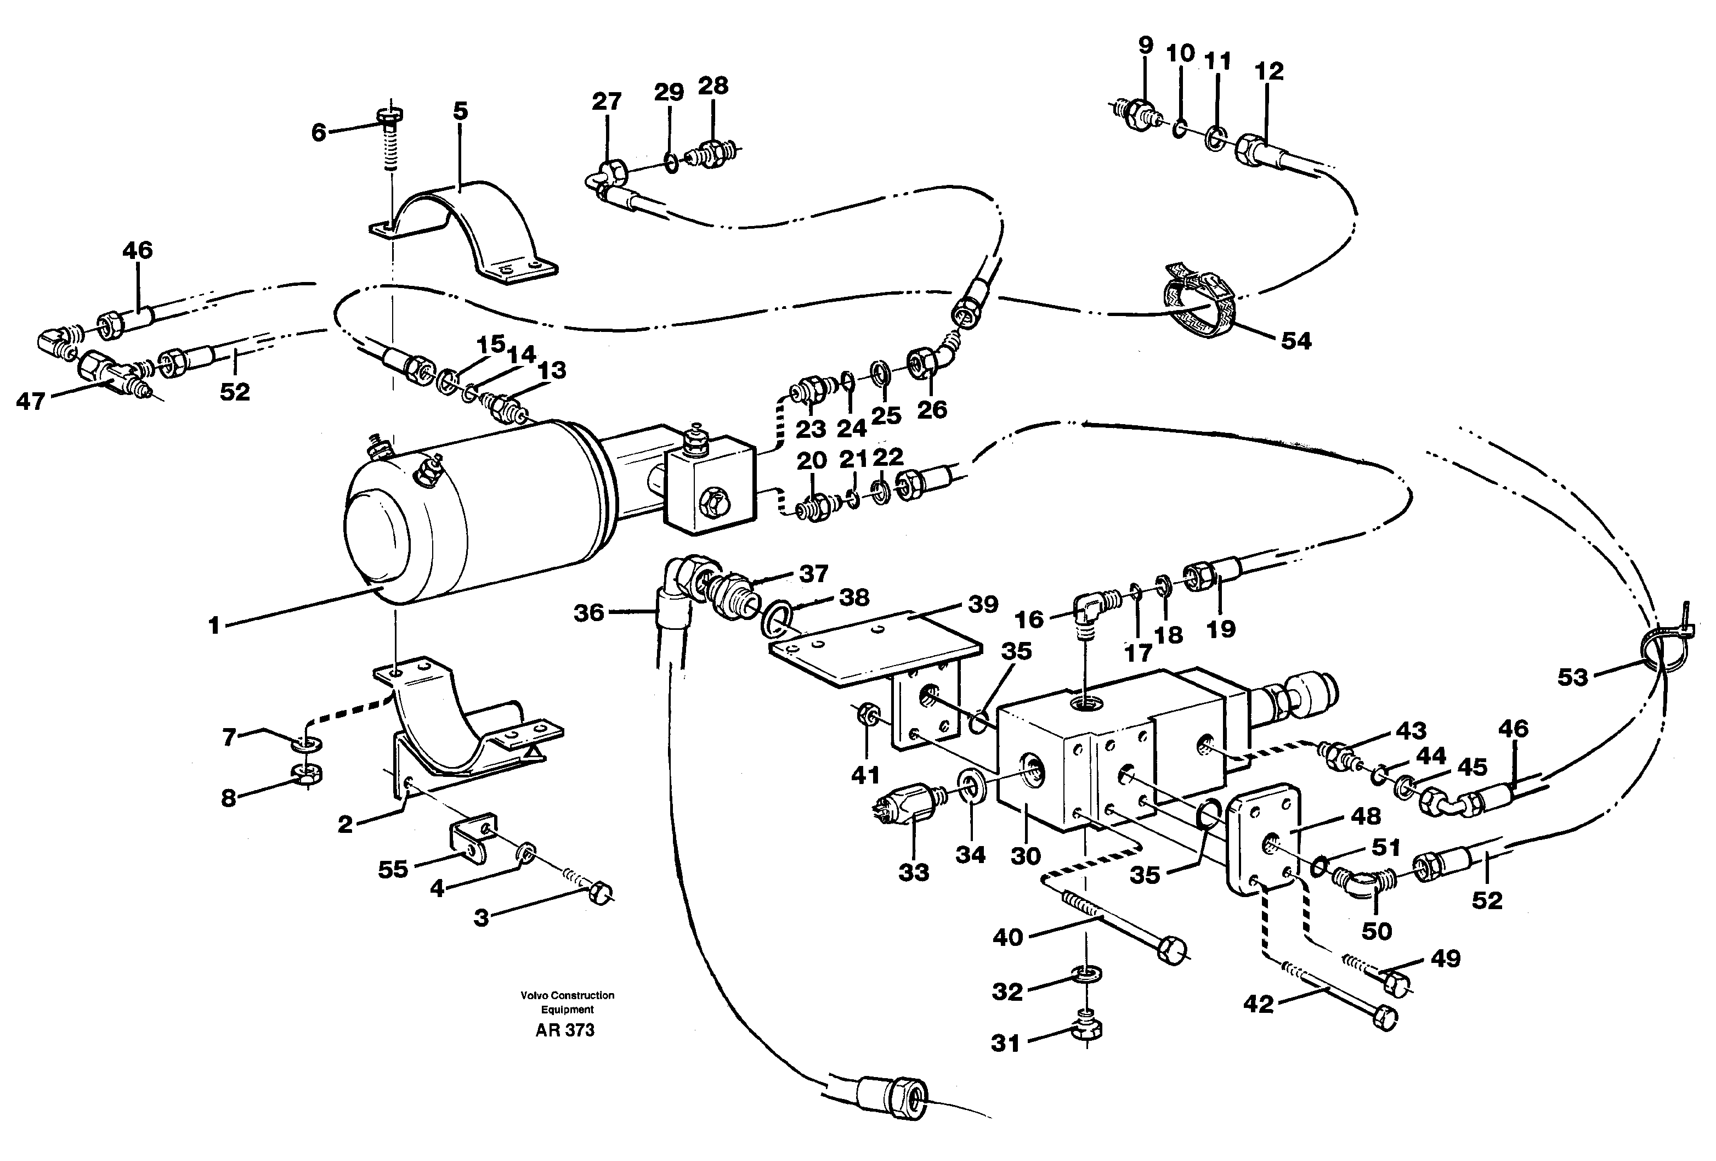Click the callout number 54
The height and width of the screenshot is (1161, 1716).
pyautogui.click(x=1296, y=341)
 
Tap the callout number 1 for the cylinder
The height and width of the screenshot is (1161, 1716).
pyautogui.click(x=214, y=626)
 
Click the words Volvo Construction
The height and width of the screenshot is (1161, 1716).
pyautogui.click(x=567, y=995)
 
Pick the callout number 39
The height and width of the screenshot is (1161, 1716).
pyautogui.click(x=983, y=604)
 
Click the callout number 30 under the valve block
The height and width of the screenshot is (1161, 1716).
pyautogui.click(x=1026, y=856)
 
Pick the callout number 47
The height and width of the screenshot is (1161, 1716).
pyautogui.click(x=30, y=402)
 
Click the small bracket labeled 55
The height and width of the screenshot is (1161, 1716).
pyautogui.click(x=468, y=841)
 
